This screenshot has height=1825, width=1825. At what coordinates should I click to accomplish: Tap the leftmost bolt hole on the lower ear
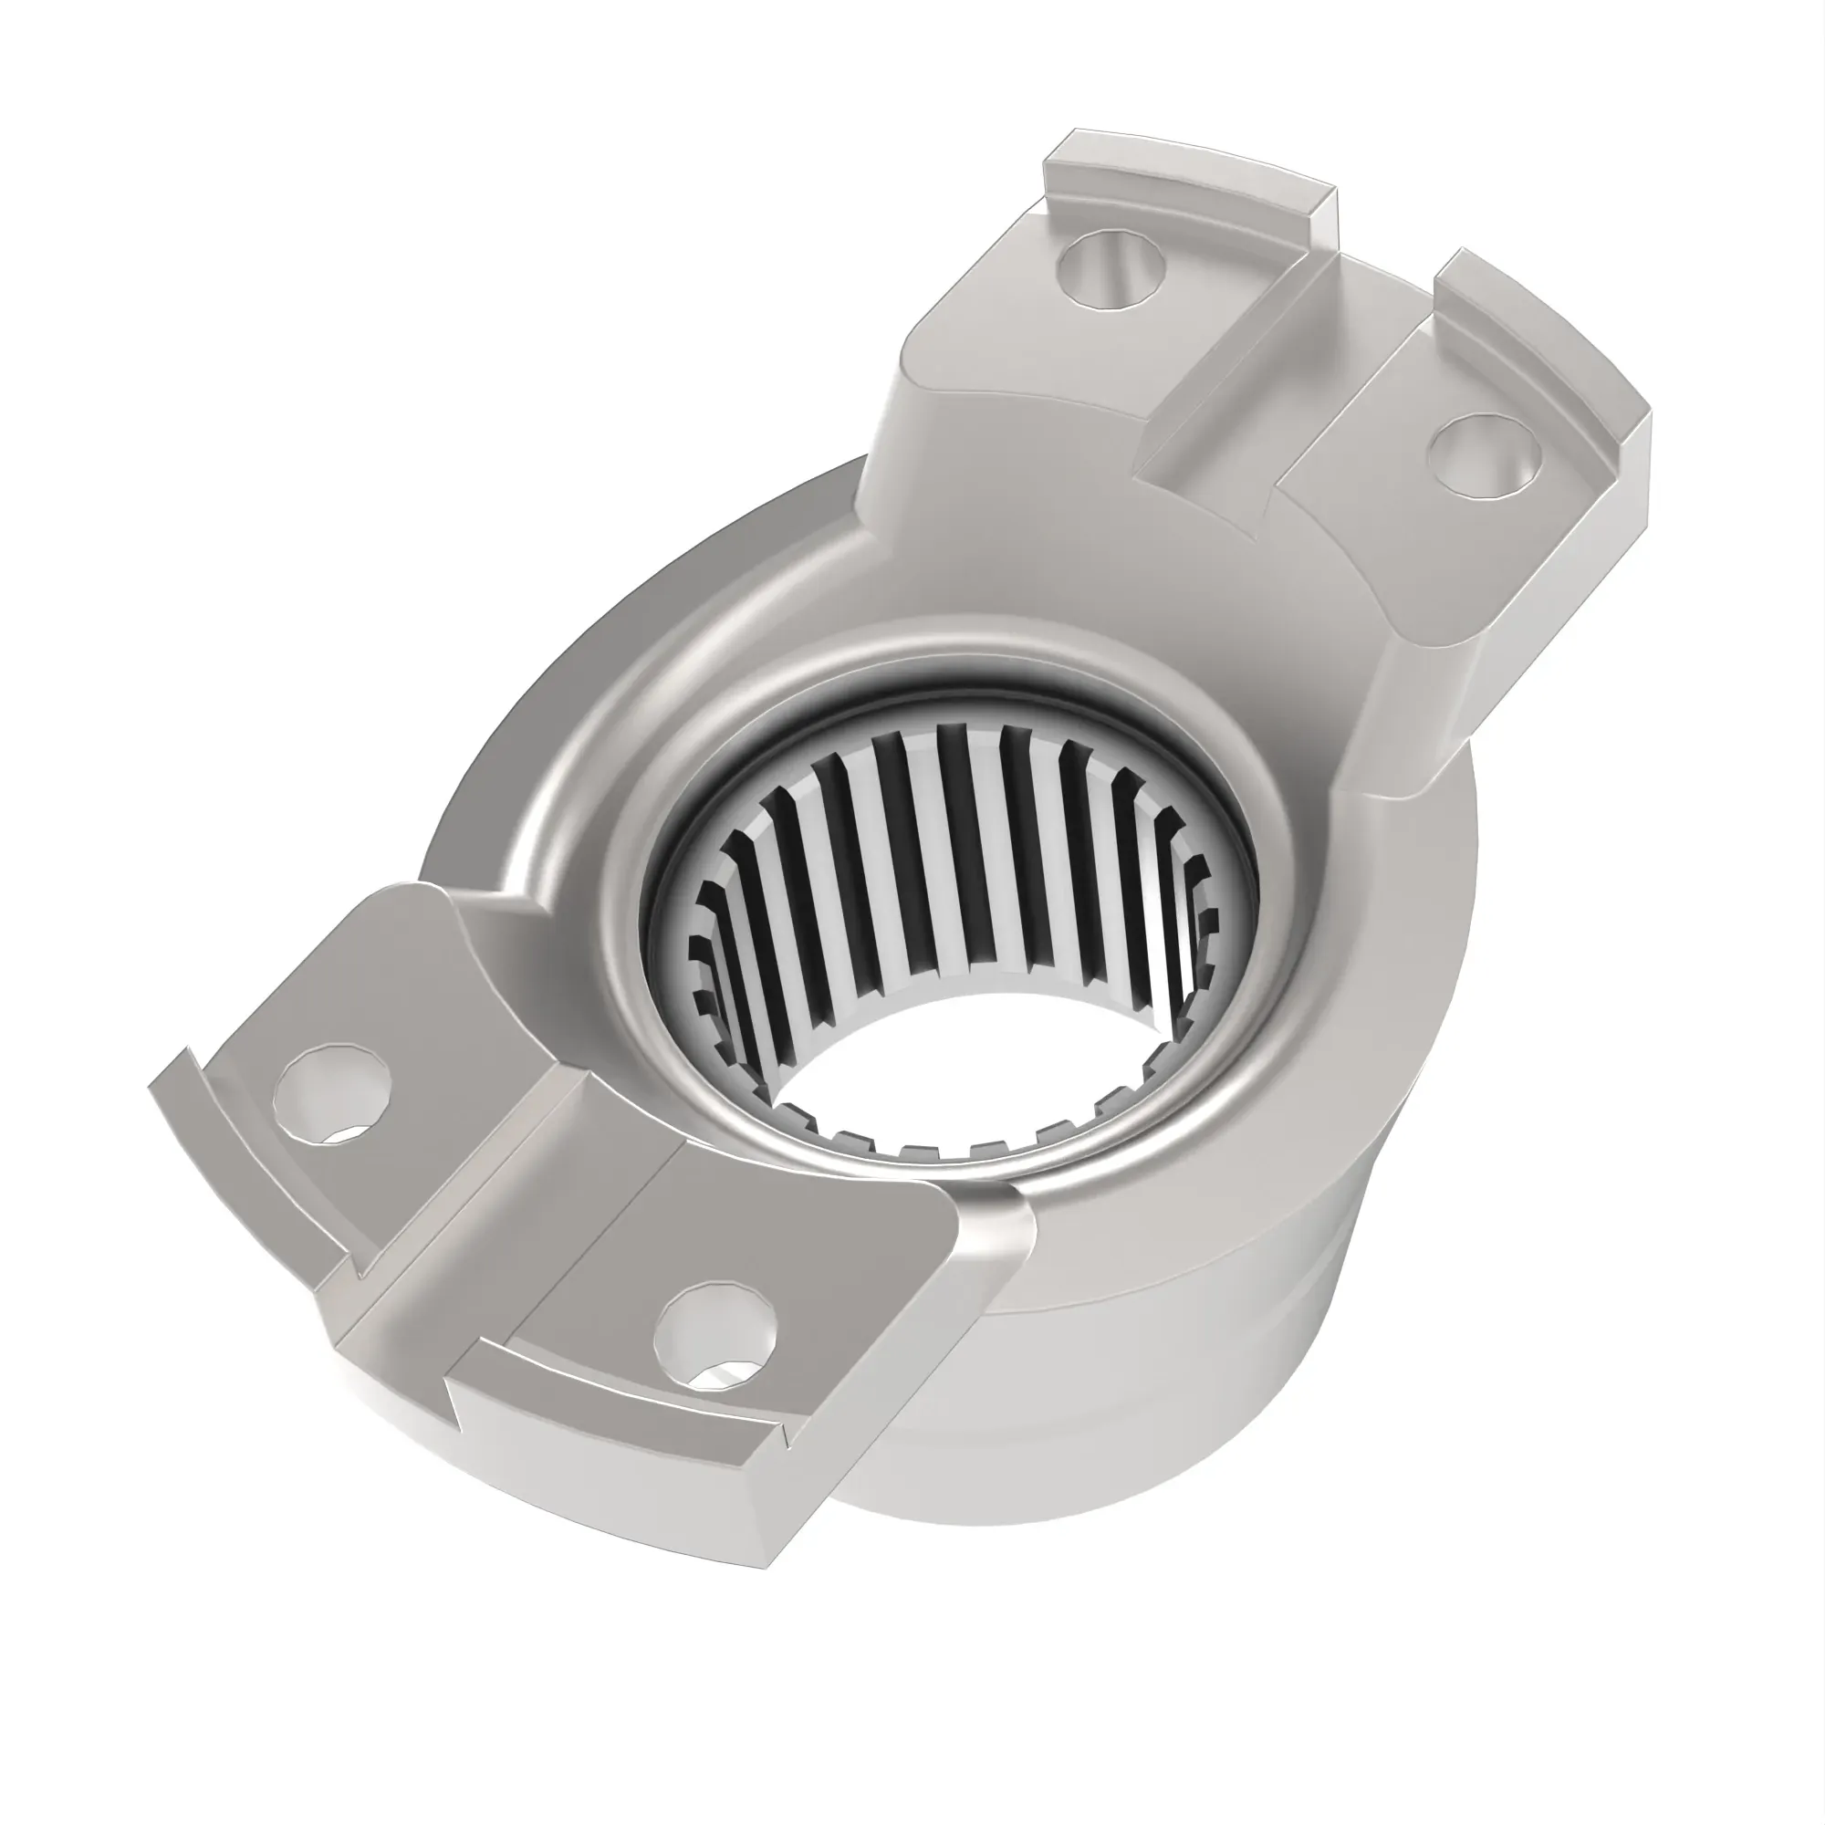(332, 1094)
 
